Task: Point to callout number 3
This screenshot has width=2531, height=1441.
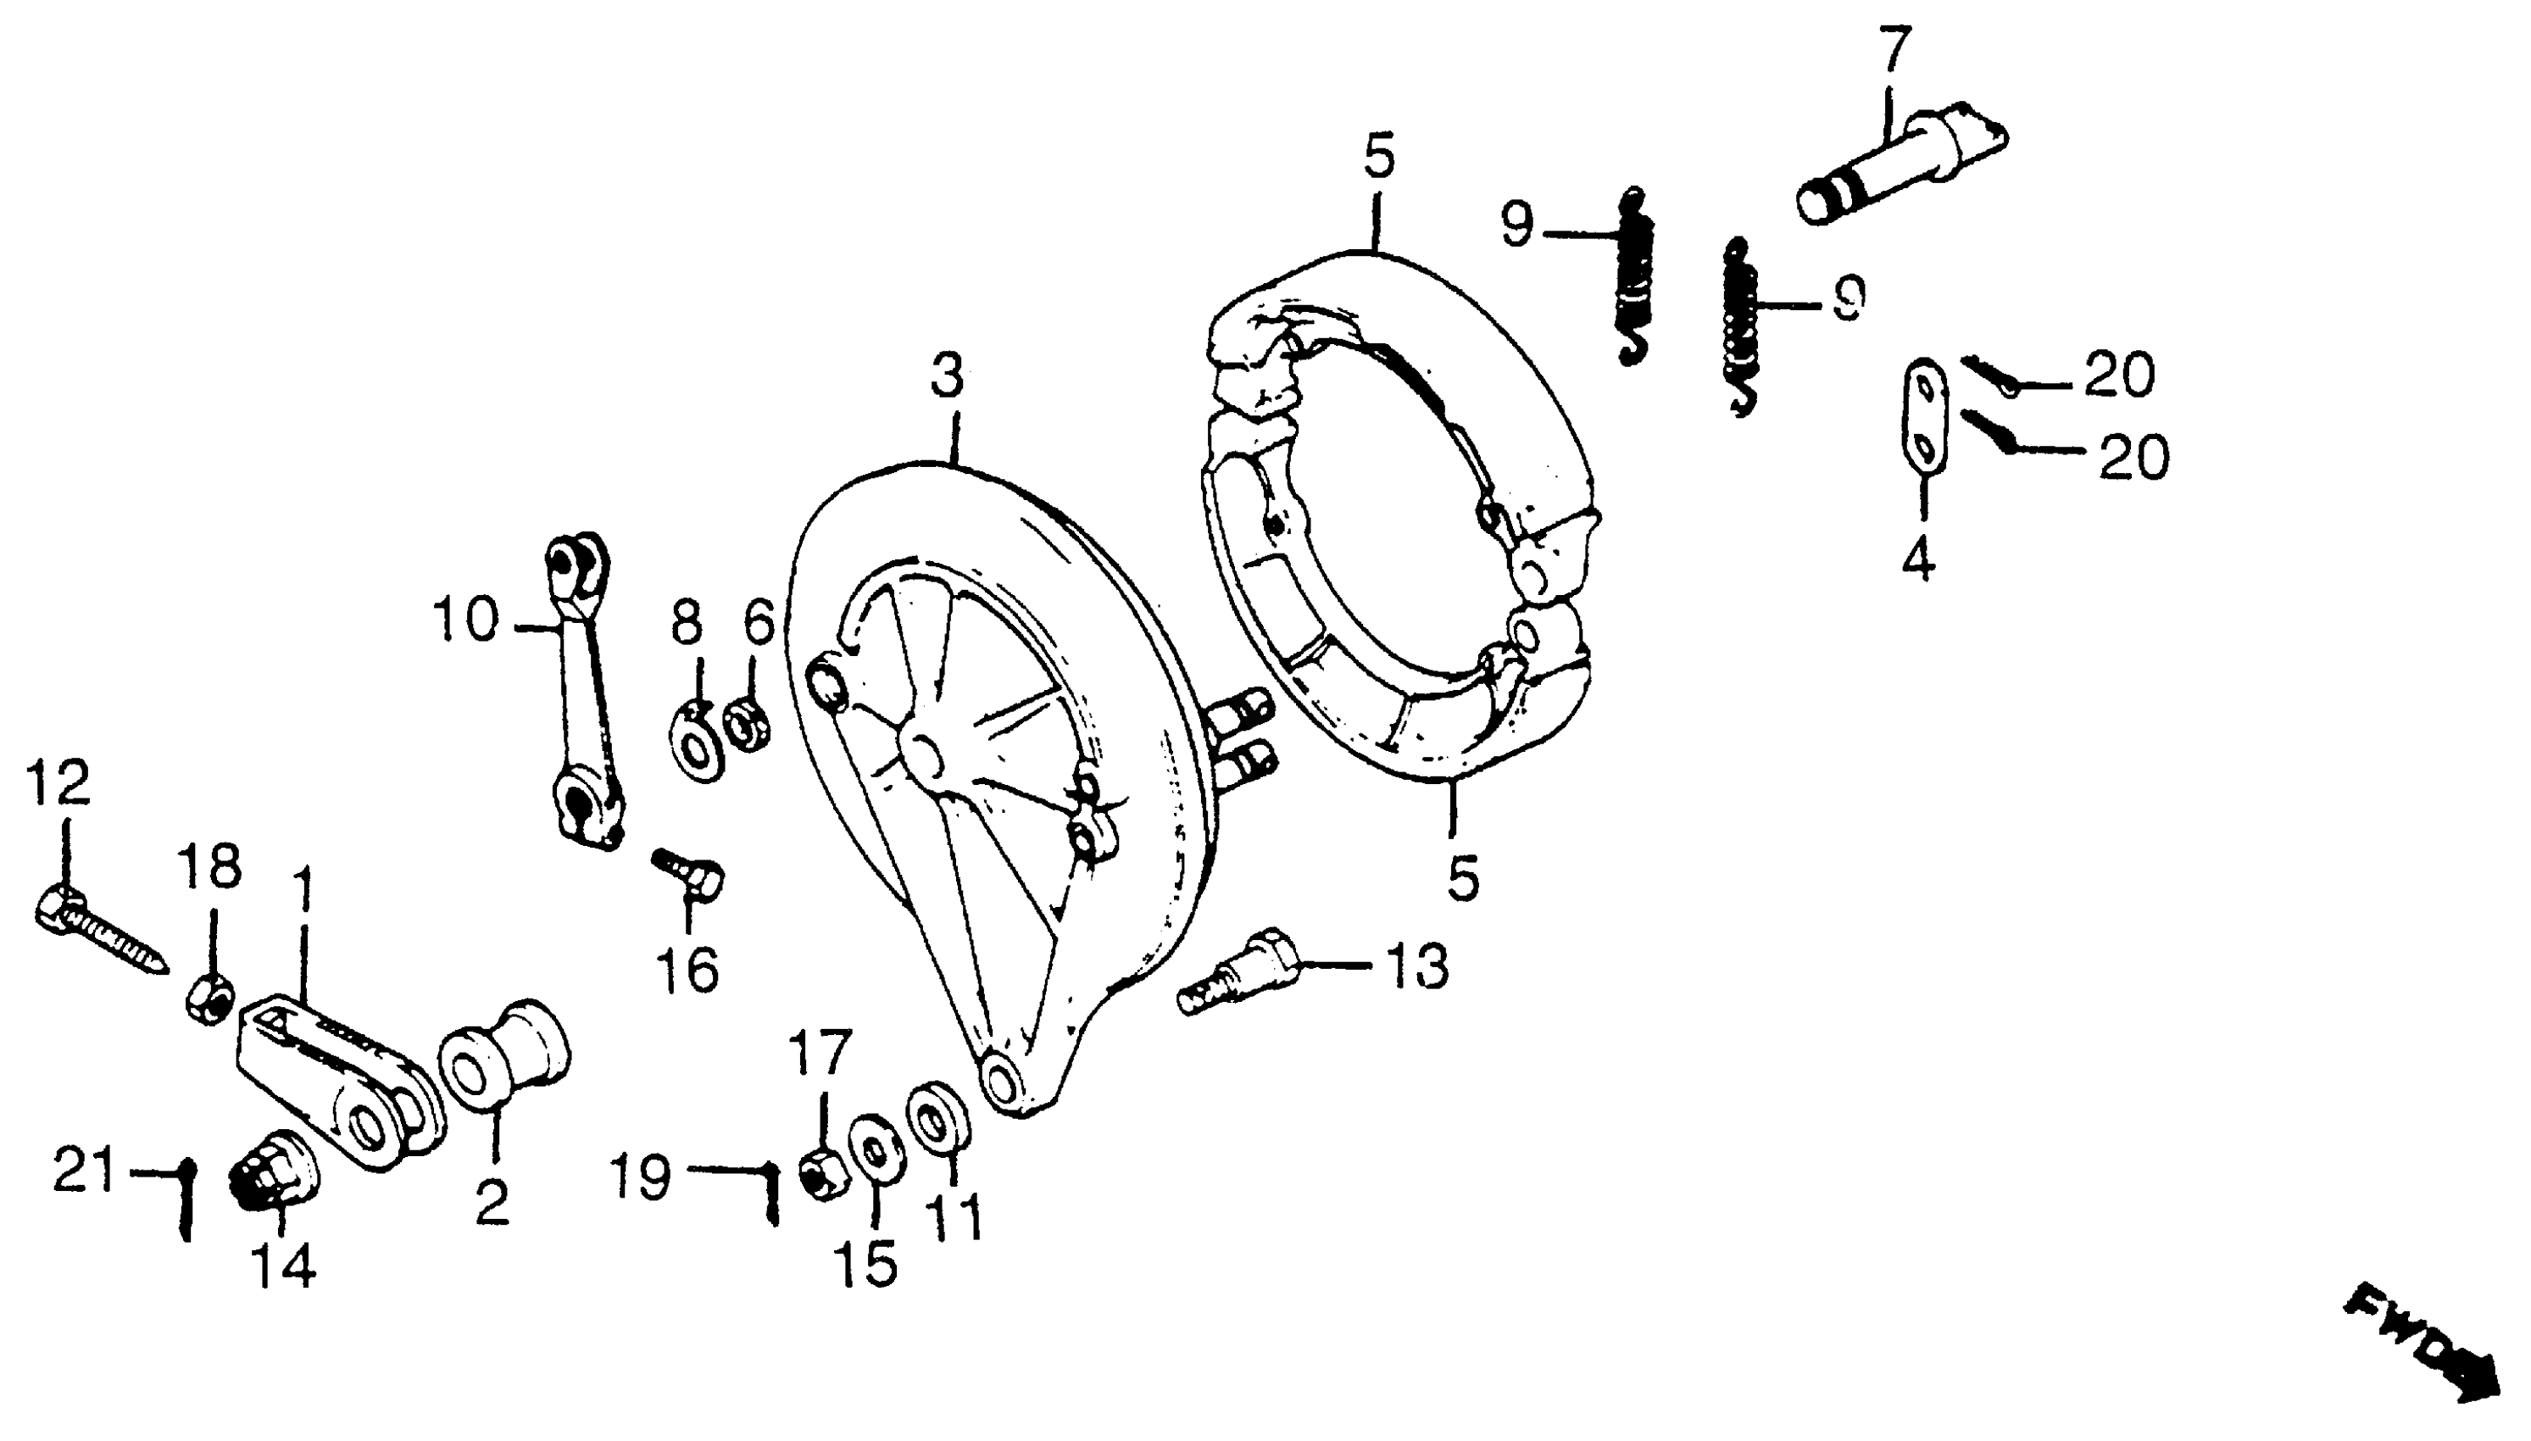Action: tap(947, 378)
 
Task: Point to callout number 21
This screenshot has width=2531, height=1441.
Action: tap(83, 1171)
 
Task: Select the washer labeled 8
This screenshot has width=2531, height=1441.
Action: tap(698, 742)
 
